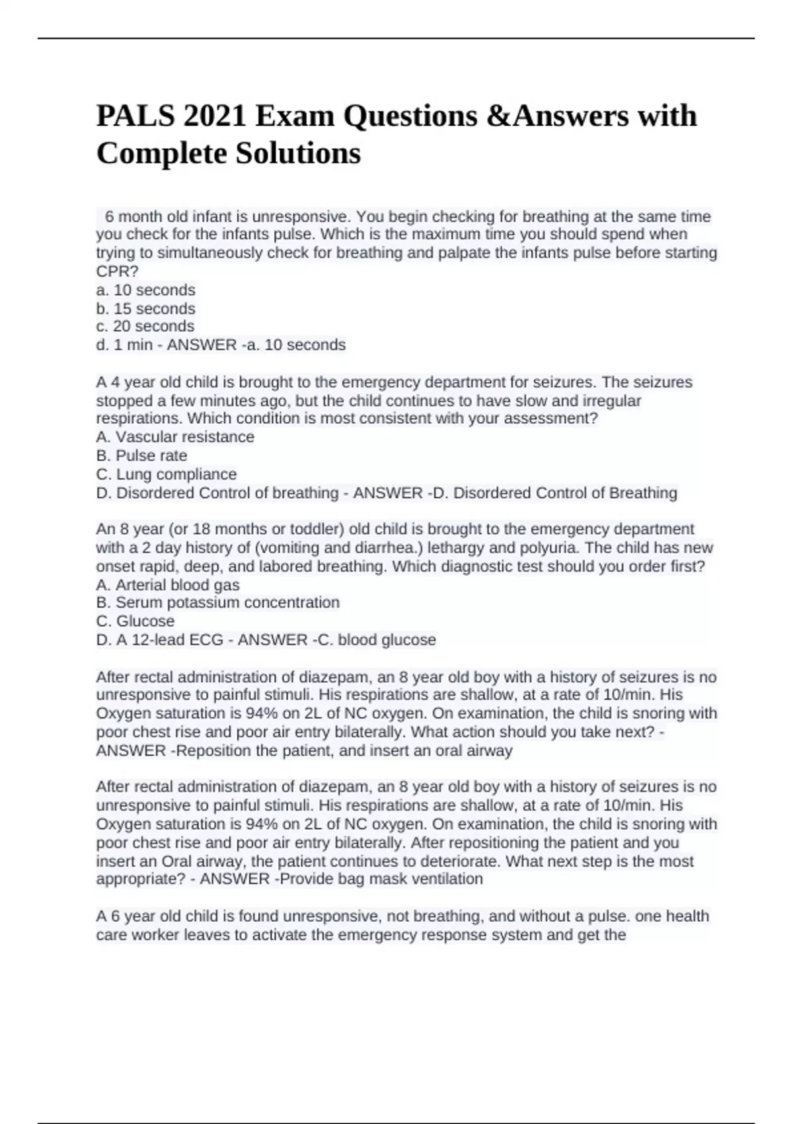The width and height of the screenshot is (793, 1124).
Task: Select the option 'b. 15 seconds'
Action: click(145, 309)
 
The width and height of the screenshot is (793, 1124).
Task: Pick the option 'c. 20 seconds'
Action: click(145, 327)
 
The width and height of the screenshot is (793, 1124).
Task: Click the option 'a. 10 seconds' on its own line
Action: click(145, 290)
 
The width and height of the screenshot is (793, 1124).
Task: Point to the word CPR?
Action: click(118, 272)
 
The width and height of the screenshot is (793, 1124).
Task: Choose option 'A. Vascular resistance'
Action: click(175, 437)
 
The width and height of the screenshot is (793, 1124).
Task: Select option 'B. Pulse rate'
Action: click(141, 456)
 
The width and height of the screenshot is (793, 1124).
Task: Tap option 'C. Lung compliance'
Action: click(166, 474)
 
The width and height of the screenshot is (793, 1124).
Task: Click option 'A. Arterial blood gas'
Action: click(168, 585)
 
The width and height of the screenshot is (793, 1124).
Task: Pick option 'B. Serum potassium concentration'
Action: click(218, 603)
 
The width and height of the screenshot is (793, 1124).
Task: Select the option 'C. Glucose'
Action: click(135, 622)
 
